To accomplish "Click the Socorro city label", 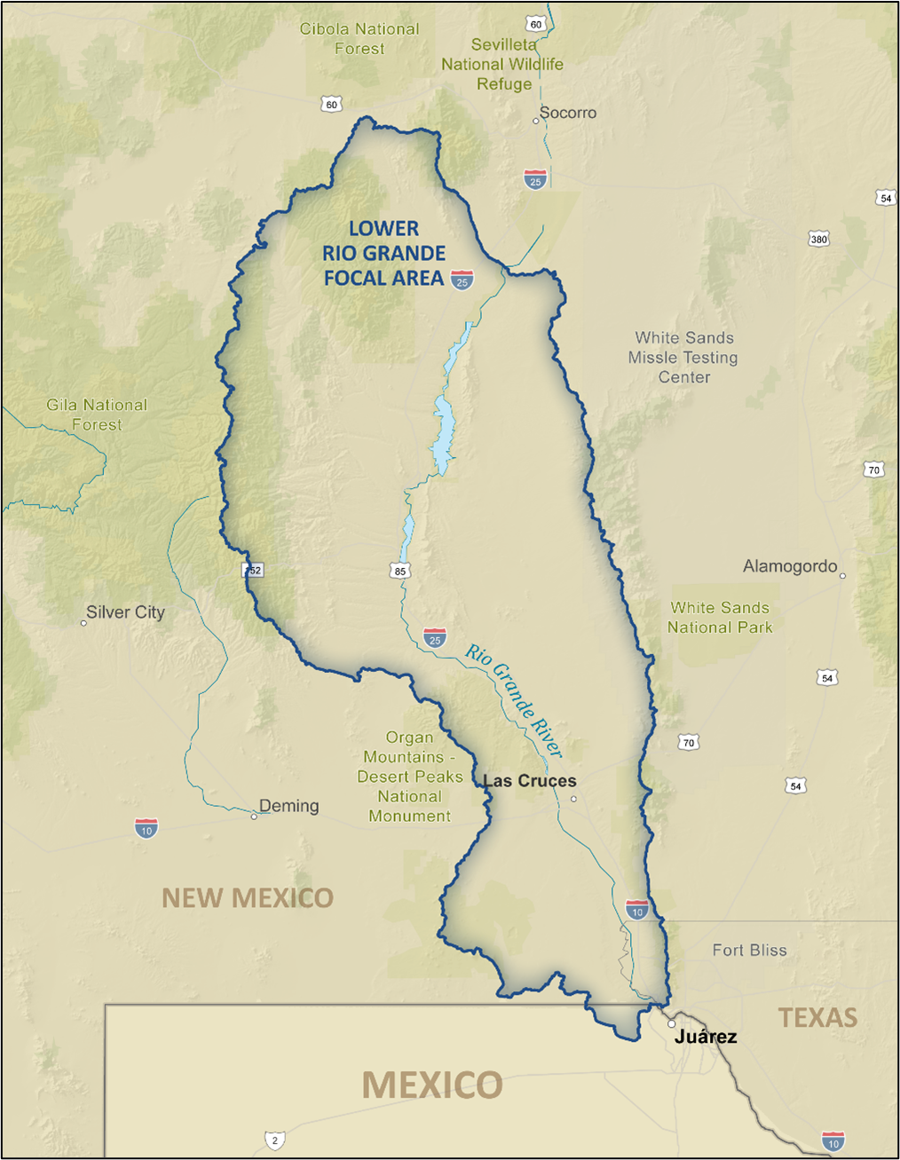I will pyautogui.click(x=568, y=113).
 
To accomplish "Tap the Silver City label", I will pyautogui.click(x=125, y=612).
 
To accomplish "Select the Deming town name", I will pyautogui.click(x=288, y=806).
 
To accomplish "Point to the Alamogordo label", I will pyautogui.click(x=790, y=566).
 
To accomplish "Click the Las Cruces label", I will pyautogui.click(x=530, y=781).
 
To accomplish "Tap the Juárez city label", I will pyautogui.click(x=706, y=1037).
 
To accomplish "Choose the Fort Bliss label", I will pyautogui.click(x=749, y=951).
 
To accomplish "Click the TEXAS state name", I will pyautogui.click(x=817, y=1018).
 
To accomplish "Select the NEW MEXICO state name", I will pyautogui.click(x=248, y=898).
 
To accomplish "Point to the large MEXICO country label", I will pyautogui.click(x=432, y=1085).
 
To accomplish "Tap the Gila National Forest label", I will pyautogui.click(x=97, y=414).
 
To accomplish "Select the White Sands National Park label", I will pyautogui.click(x=720, y=618).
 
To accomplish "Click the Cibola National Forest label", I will pyautogui.click(x=359, y=39).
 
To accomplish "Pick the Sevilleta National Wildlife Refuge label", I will pyautogui.click(x=503, y=64).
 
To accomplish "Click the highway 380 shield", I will pyautogui.click(x=818, y=239).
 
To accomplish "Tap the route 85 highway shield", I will pyautogui.click(x=400, y=571).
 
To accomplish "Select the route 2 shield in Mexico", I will pyautogui.click(x=274, y=1140).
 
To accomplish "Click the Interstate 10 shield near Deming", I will pyautogui.click(x=146, y=829).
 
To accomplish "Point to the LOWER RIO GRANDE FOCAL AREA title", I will pyautogui.click(x=383, y=254).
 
